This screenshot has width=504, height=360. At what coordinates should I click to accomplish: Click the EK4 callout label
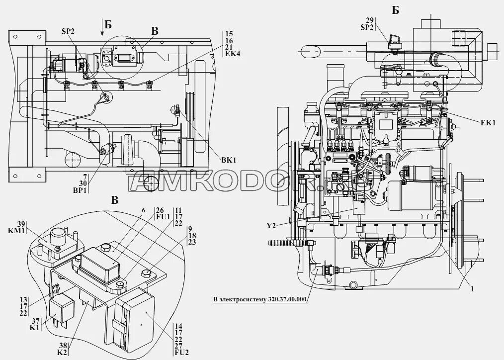coord(232,54)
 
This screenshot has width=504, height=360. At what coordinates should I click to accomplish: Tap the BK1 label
coord(228,160)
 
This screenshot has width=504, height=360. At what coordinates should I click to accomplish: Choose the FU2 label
coord(181,354)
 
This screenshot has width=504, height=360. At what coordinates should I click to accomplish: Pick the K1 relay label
coord(34,328)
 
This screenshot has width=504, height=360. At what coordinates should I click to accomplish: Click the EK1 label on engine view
coord(488,123)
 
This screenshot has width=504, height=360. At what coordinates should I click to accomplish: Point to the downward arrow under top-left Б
coord(102,30)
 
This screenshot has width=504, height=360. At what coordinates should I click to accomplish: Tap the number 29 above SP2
coord(370,20)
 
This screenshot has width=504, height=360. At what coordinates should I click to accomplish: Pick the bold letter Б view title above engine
coord(395,10)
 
